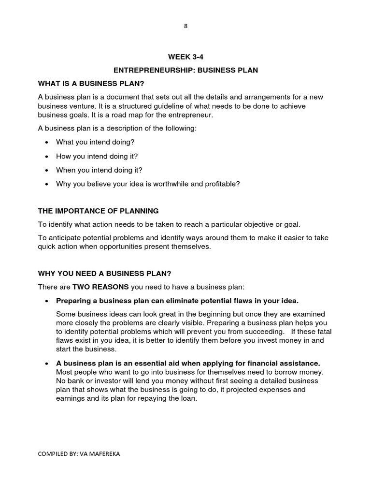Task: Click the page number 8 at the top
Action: coord(185,26)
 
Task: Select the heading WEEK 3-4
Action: coord(185,57)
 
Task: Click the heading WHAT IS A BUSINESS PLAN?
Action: coord(91,84)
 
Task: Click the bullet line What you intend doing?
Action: coord(95,142)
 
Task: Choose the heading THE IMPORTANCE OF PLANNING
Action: coord(98,211)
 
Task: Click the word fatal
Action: coord(322,332)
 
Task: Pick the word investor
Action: coord(107,380)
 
